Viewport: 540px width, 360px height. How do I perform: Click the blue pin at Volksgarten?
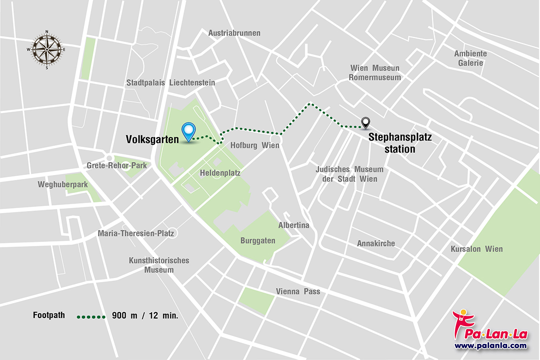tap(188, 130)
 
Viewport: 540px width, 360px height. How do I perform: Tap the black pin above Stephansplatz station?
tap(365, 121)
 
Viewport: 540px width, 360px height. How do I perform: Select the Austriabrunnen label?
tap(234, 33)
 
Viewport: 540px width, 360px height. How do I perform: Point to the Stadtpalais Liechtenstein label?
tap(170, 82)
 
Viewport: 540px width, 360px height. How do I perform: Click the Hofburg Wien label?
tap(254, 145)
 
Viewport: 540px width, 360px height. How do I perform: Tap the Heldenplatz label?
tap(220, 173)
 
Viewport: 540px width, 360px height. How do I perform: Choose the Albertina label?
tap(293, 225)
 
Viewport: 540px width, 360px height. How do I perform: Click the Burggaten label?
tap(257, 240)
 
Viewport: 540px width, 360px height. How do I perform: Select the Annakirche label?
tap(375, 243)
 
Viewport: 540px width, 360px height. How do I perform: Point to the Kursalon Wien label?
tap(476, 249)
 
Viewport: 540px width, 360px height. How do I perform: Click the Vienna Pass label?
tap(298, 291)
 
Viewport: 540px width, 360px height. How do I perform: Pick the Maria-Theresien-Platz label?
tap(137, 233)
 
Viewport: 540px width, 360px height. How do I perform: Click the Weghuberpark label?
tap(62, 184)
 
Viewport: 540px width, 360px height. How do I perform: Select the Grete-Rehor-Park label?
tap(116, 165)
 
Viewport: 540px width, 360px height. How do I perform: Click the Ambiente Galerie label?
tap(470, 58)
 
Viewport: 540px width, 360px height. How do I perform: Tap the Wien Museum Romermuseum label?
tap(374, 72)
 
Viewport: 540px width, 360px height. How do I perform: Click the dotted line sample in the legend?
tap(91, 316)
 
